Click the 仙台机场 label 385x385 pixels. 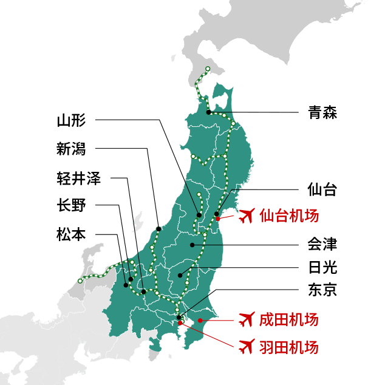coord(288,216)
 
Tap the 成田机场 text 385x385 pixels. coord(288,319)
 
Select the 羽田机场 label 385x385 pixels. coord(288,347)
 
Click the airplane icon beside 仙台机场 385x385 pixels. coord(246,216)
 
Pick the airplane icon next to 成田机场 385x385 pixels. coord(246,319)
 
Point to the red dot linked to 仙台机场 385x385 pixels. coord(218,219)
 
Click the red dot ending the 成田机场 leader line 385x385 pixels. coord(200,320)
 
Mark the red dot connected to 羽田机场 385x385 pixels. coord(180,322)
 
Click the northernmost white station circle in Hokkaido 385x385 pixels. coord(208,68)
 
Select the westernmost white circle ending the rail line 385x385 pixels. coord(80,281)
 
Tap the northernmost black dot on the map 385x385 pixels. coord(208,112)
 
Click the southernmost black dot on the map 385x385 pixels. coord(179,318)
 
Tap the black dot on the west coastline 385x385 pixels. coord(158,229)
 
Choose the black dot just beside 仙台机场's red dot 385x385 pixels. coord(216,214)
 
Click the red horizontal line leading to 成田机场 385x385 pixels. coord(219,320)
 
